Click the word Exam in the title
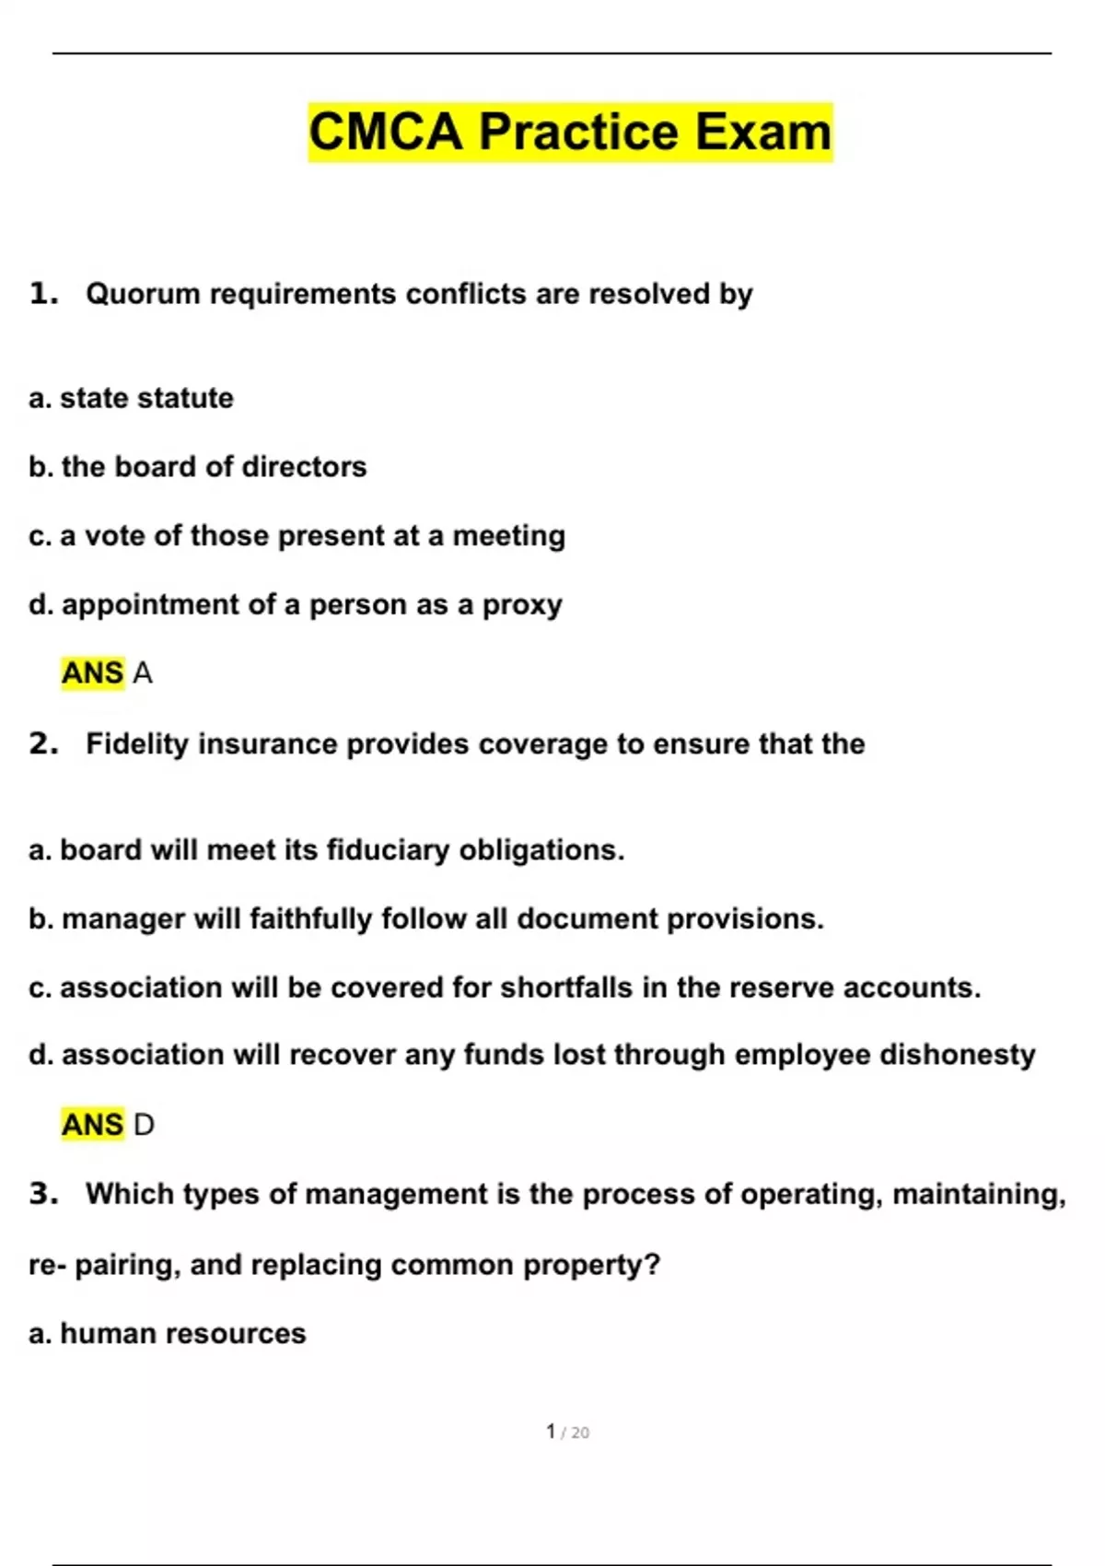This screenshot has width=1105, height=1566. click(763, 132)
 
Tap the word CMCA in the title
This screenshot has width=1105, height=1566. click(385, 132)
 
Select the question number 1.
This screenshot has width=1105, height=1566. click(42, 294)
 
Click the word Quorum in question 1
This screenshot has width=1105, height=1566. click(143, 294)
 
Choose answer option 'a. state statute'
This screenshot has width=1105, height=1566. click(132, 398)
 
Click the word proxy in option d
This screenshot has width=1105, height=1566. click(522, 605)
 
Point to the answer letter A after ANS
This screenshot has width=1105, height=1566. click(143, 673)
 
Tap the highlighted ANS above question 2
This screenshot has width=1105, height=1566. click(92, 673)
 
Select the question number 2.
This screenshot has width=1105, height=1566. click(42, 743)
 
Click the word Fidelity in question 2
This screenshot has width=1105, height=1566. click(137, 743)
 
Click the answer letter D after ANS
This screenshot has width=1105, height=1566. click(144, 1125)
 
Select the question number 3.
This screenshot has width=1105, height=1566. click(42, 1194)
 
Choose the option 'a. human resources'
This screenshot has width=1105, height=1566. click(168, 1333)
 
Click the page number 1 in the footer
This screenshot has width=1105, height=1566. click(551, 1432)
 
